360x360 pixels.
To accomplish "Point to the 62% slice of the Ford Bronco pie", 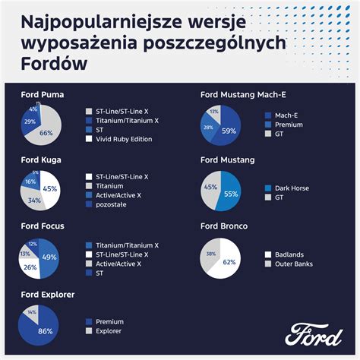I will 228,263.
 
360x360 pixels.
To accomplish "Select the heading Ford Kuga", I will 41,160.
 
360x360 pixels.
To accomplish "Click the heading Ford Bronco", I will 226,226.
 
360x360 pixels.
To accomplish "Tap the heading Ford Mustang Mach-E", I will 248,95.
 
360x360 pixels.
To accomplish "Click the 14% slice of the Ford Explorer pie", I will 31,312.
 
